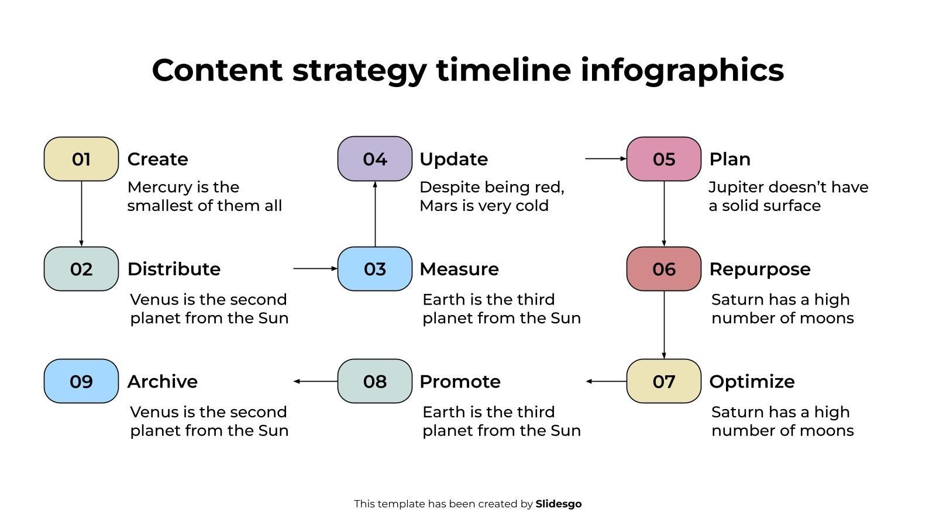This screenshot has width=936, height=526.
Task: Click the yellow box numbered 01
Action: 81,159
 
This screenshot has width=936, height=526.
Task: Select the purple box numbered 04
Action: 375,158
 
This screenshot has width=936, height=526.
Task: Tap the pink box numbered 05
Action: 663,159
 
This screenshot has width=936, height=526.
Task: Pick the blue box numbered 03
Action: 375,269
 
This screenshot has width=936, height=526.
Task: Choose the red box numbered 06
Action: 663,269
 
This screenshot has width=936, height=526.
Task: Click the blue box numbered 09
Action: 81,381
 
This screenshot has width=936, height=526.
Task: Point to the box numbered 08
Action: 375,381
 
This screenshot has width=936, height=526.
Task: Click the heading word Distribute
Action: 174,269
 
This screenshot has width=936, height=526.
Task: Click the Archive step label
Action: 163,382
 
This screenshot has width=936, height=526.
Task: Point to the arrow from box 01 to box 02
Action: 81,214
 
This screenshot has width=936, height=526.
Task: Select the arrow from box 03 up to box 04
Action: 375,214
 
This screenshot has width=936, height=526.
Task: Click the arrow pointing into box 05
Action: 606,158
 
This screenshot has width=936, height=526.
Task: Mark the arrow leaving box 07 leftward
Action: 606,381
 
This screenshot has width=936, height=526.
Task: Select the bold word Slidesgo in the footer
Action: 558,504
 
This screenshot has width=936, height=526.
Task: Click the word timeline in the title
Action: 503,70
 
